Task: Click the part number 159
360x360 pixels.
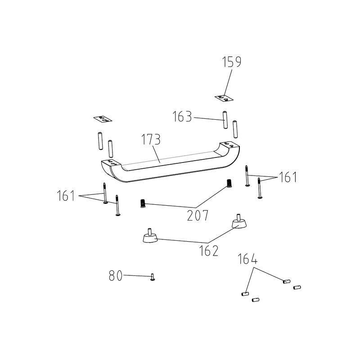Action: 232,62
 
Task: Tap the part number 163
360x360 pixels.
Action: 182,117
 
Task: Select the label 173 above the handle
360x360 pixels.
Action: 151,139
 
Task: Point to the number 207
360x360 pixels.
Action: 198,216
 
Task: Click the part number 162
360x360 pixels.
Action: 209,251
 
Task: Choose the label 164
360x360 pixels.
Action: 247,259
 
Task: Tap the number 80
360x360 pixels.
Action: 116,276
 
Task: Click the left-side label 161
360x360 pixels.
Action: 66,196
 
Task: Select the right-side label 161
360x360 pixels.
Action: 288,177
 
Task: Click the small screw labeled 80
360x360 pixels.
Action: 153,277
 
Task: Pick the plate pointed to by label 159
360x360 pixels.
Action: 224,98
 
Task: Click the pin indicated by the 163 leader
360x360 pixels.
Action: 225,120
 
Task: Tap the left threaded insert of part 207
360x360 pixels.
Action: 143,203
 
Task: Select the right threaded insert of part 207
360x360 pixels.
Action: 229,184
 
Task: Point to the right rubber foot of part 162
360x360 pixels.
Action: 239,221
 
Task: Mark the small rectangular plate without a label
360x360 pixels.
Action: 103,119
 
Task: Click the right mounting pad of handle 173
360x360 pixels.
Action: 229,145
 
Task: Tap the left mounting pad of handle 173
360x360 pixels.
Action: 111,162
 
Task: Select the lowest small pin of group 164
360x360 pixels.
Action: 256,300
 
